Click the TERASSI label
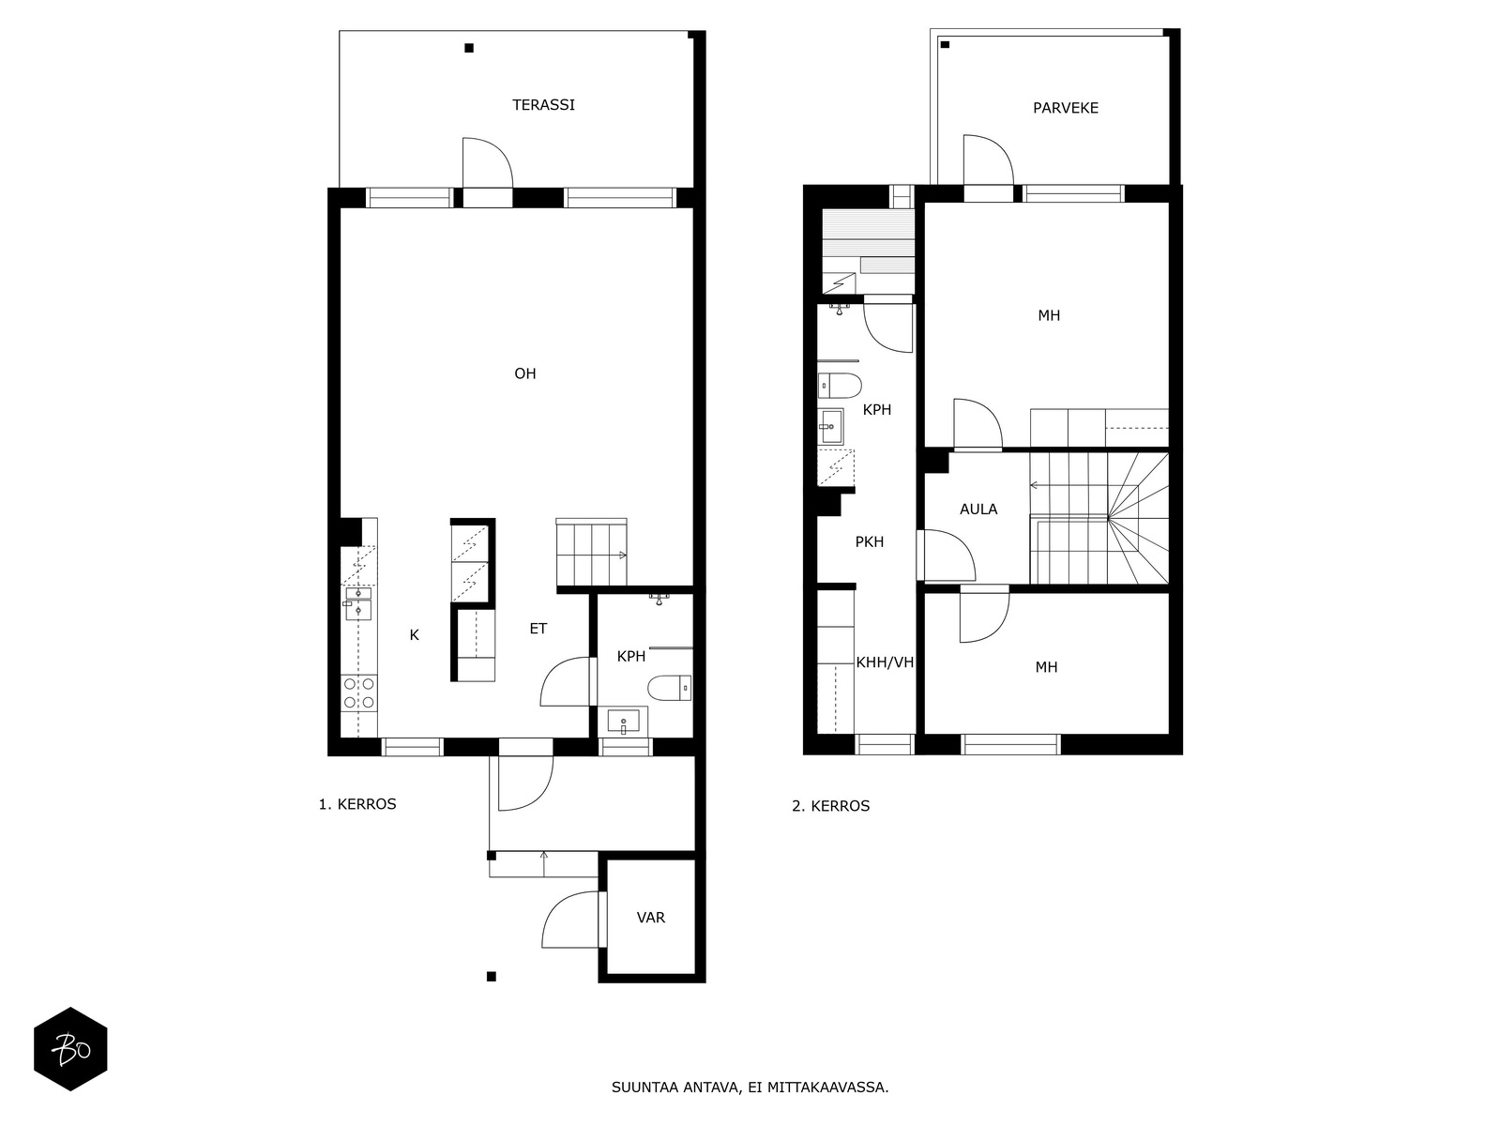543,105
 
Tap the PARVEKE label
1066,108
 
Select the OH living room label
524,373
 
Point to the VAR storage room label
650,918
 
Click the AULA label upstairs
978,510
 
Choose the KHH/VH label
885,662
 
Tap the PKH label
869,542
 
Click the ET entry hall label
538,629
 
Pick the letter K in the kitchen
414,635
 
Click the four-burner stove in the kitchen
359,692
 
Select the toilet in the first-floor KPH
669,688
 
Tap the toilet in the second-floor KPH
840,386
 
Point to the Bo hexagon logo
70,1049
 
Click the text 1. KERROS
357,804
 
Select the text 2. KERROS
830,806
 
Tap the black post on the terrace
468,48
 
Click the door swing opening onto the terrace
487,162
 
